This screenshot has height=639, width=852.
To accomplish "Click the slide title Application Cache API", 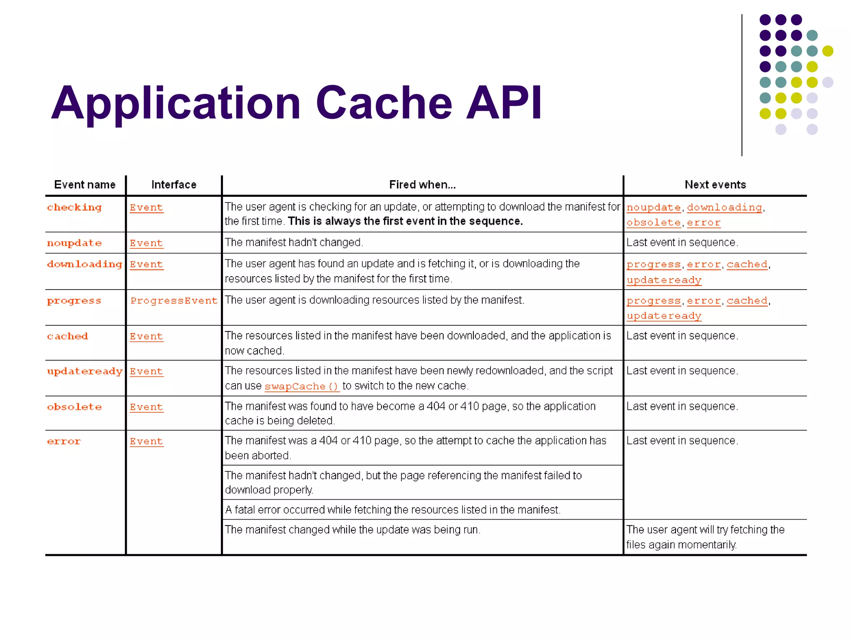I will click(x=296, y=103).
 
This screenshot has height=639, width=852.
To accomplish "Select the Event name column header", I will click(x=84, y=185).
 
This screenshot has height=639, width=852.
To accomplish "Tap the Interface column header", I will click(x=173, y=185).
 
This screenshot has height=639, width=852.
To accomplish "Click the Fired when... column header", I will click(x=422, y=185).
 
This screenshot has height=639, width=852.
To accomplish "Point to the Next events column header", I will click(x=715, y=185).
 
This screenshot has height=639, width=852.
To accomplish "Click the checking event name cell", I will click(x=74, y=207).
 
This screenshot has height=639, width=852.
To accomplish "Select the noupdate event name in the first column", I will click(x=74, y=243).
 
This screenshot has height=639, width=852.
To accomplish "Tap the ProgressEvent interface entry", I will click(x=174, y=300).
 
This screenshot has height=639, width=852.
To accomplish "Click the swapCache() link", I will click(x=302, y=386).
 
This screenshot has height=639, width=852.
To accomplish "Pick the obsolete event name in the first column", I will click(x=74, y=407).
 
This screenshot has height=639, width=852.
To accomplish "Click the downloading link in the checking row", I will click(x=724, y=207).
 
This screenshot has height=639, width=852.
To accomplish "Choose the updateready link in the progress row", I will click(x=664, y=316).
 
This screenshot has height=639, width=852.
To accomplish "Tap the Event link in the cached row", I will click(x=146, y=336).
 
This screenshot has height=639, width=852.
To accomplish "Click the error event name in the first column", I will click(x=64, y=441).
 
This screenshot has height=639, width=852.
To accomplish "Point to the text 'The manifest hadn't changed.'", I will click(x=294, y=243).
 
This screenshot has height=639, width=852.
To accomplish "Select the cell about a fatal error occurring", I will click(x=392, y=510).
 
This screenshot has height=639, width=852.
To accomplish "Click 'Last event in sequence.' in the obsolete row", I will click(x=682, y=406).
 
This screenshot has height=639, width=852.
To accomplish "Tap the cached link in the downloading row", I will click(x=747, y=264).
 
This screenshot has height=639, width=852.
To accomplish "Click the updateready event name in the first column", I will click(x=84, y=371).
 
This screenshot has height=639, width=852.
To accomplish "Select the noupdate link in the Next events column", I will click(x=654, y=207).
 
